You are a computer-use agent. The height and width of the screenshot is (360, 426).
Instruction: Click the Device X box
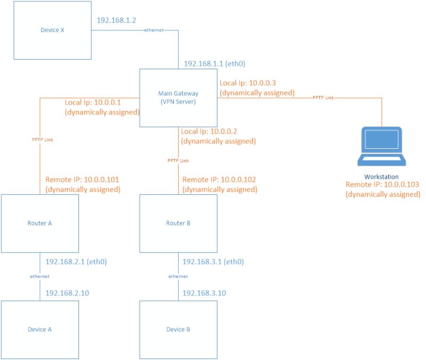click(52, 30)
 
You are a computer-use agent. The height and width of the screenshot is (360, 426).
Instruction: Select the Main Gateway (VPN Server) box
click(178, 98)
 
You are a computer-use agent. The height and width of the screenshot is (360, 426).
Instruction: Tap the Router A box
click(39, 223)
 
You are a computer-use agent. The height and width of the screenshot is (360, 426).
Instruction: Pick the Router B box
click(178, 223)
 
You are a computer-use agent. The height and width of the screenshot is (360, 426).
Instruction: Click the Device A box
click(39, 329)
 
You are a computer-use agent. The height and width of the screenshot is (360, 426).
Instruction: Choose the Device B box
click(178, 329)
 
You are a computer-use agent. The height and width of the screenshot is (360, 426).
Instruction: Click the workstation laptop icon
click(381, 145)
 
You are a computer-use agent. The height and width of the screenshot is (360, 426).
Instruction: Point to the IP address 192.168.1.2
click(117, 21)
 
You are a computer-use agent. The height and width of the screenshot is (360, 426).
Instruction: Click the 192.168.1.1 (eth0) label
click(214, 63)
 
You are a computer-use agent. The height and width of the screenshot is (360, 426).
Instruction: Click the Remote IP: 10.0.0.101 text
click(82, 180)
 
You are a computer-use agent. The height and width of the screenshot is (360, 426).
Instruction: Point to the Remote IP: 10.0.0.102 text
click(219, 180)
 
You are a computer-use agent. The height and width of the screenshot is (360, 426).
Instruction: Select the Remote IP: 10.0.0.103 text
click(382, 185)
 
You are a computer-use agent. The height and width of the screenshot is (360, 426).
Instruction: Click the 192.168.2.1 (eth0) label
click(77, 262)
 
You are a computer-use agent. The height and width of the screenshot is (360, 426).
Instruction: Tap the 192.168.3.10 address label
click(204, 293)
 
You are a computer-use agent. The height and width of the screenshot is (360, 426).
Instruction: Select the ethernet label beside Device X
click(155, 30)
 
